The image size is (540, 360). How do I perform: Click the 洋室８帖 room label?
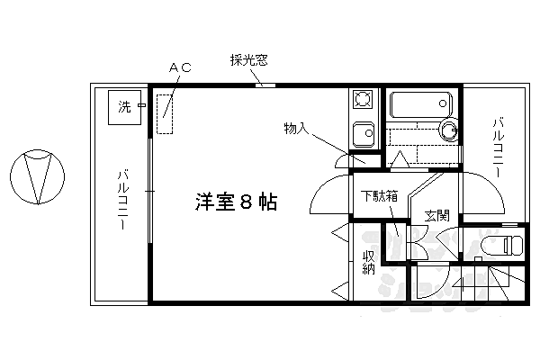coord(235,202)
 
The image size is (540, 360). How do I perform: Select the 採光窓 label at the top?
coord(248,61)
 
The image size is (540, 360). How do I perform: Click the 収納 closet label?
coord(367,265)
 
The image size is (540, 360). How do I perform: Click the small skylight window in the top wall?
coord(264,85)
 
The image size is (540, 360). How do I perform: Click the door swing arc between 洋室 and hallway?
coord(326,193)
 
